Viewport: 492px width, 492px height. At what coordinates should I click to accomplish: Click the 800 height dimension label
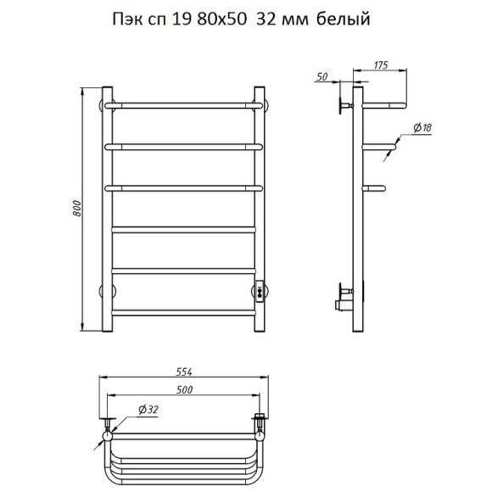pos(77,209)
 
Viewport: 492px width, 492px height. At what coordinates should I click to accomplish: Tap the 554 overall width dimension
pos(184,372)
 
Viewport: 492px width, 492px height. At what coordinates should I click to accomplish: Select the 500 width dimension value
pos(184,390)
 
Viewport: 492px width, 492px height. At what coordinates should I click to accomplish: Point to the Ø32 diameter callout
pos(148,410)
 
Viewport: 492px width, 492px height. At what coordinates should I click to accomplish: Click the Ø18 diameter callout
pos(422,127)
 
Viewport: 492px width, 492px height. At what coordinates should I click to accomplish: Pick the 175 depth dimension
pos(381,65)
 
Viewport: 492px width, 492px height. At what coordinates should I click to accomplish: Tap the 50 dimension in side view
pos(322,76)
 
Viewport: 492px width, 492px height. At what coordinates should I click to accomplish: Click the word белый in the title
pos(344,20)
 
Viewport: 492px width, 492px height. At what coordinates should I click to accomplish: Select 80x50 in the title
pos(221,20)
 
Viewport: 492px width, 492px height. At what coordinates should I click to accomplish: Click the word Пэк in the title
pos(128,20)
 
